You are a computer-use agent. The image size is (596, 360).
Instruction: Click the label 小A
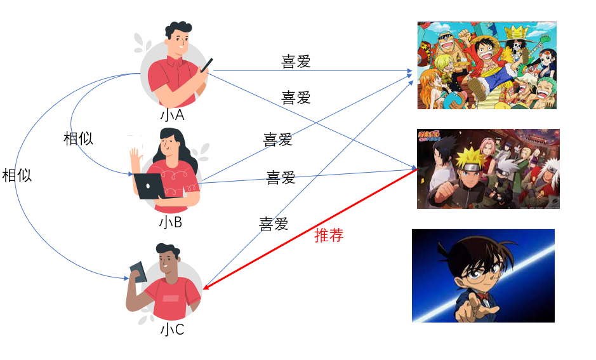click(172, 115)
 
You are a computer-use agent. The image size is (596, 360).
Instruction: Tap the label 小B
click(171, 222)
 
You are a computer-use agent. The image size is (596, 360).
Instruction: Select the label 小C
click(172, 330)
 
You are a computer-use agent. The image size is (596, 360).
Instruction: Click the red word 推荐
click(329, 236)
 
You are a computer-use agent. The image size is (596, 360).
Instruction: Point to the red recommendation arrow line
click(310, 229)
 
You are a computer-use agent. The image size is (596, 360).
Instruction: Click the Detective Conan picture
click(483, 276)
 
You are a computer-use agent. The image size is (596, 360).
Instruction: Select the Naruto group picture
click(488, 169)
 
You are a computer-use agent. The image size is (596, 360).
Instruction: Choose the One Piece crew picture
click(487, 65)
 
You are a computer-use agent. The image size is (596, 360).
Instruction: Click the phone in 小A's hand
click(207, 65)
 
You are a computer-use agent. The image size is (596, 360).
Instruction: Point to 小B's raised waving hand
click(136, 157)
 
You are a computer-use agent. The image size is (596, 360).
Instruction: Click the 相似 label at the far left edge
click(17, 176)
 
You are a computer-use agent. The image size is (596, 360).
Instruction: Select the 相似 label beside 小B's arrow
click(78, 138)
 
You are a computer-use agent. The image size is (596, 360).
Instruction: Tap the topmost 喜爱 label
click(296, 61)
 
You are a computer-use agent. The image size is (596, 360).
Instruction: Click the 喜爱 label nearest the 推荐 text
click(274, 223)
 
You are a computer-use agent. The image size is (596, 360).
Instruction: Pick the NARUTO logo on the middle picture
click(429, 135)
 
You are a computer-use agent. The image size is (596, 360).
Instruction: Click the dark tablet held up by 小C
click(138, 271)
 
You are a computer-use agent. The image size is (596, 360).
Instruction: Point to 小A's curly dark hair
click(178, 29)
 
